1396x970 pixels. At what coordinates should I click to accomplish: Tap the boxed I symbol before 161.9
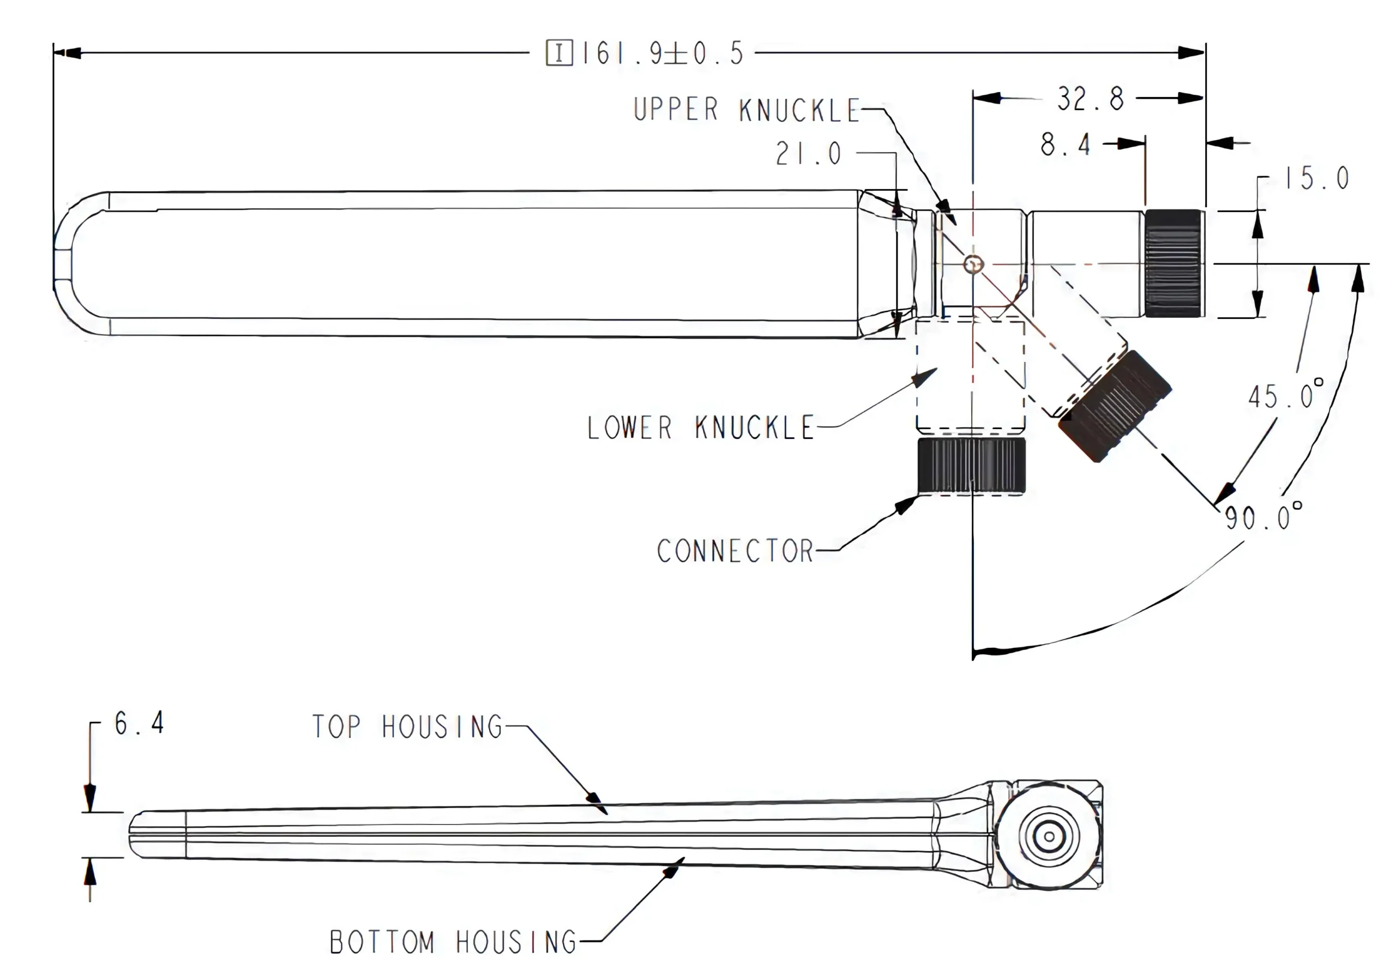click(x=559, y=53)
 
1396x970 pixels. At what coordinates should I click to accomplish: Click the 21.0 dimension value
click(x=808, y=153)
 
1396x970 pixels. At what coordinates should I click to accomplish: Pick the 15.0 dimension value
click(x=1316, y=178)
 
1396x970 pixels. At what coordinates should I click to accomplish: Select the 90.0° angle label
click(x=1263, y=516)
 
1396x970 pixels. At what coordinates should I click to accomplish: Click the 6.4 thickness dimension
click(x=139, y=723)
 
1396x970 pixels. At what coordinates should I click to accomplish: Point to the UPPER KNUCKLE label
click(x=747, y=110)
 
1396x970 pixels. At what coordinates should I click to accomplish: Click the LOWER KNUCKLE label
click(x=700, y=427)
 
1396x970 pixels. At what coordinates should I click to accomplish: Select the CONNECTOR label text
click(x=735, y=551)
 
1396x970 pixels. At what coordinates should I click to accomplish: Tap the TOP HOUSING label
click(x=407, y=726)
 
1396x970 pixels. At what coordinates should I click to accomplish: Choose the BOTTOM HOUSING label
click(x=453, y=942)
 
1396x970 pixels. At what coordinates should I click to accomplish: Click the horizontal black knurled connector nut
click(x=1174, y=263)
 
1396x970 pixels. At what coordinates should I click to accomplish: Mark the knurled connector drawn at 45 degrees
click(x=1115, y=405)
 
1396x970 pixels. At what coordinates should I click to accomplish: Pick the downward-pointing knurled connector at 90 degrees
click(x=971, y=465)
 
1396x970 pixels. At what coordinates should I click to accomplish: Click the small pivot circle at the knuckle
click(x=973, y=264)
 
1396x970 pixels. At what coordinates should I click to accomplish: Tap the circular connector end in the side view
click(x=1049, y=836)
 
